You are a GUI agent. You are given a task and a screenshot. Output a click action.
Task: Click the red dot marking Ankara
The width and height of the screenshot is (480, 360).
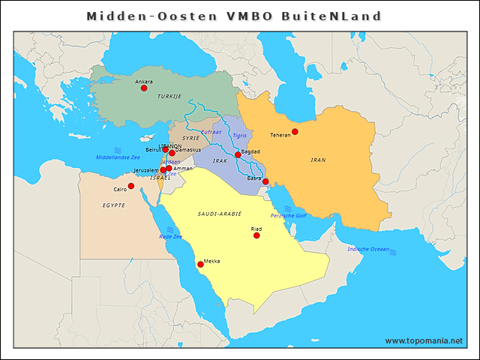pos(144,88)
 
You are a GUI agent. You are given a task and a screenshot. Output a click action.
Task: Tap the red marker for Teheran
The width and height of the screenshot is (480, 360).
pos(295,132)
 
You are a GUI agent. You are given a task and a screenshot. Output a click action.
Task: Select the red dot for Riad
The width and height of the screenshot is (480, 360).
pos(256,235)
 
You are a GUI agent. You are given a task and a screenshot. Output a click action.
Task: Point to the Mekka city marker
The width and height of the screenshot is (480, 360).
pos(200,265)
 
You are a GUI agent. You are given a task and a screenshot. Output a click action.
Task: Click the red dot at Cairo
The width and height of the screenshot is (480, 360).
pos(131,186)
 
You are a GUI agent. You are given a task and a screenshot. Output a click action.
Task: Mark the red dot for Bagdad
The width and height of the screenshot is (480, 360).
pos(238,155)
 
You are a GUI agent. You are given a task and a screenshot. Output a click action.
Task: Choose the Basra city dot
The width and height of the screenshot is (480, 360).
pos(265,181)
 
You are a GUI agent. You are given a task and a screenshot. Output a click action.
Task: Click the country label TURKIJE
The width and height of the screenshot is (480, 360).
pos(169,97)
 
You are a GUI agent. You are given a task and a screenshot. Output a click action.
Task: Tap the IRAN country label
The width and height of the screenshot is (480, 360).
pos(318,160)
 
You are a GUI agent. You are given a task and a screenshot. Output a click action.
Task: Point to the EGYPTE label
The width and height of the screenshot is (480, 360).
pos(114,205)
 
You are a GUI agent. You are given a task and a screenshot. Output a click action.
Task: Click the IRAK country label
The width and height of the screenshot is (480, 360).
pos(220,161)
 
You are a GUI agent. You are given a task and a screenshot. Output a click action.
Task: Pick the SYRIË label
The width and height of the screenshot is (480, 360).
pos(190,139)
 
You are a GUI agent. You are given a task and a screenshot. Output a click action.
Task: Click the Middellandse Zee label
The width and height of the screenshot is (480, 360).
pos(118,158)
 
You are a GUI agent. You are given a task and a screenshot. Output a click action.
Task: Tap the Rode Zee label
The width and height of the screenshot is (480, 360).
pos(171,237)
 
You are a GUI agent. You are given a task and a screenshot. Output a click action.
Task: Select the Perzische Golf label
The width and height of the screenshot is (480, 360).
pos(289,216)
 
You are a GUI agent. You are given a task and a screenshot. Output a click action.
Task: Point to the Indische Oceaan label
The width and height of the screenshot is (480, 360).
pos(368,249)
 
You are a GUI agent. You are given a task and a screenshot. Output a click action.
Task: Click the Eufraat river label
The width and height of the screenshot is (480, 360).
pos(212,131)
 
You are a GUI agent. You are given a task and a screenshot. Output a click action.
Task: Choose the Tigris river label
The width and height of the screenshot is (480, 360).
pos(239,136)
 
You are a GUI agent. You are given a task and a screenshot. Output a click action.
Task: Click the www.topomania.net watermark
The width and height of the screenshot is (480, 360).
pos(424,340)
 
